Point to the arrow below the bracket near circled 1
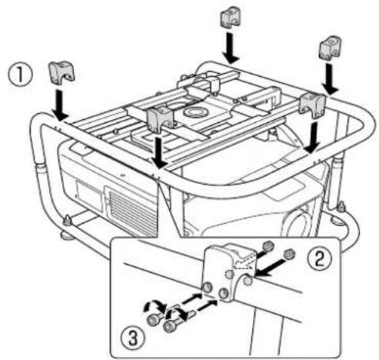pos(62,105)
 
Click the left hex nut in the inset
pos(268,246)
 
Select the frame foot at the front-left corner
pos(68,225)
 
